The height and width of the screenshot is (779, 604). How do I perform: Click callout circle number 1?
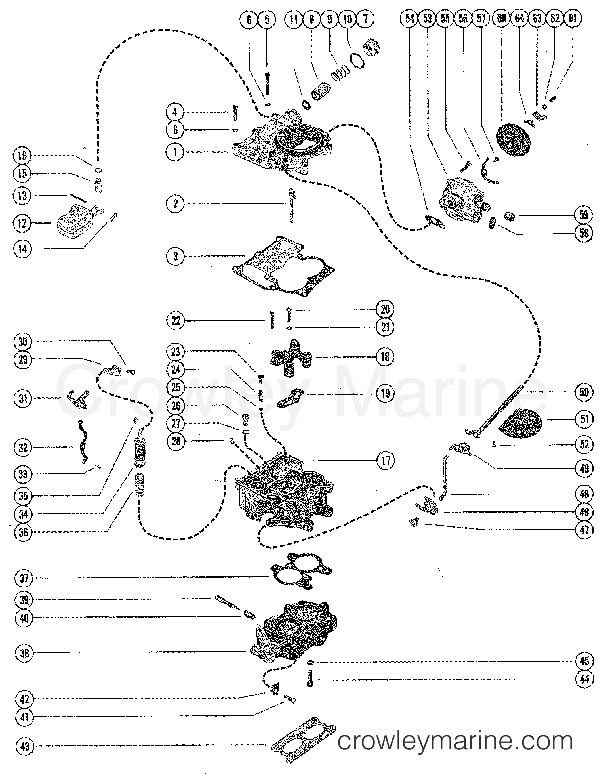click(x=175, y=152)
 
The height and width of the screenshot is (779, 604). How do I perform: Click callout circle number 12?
click(x=22, y=223)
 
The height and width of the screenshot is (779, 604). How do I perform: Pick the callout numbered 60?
click(x=501, y=18)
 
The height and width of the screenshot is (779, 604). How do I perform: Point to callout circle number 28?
click(x=176, y=442)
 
